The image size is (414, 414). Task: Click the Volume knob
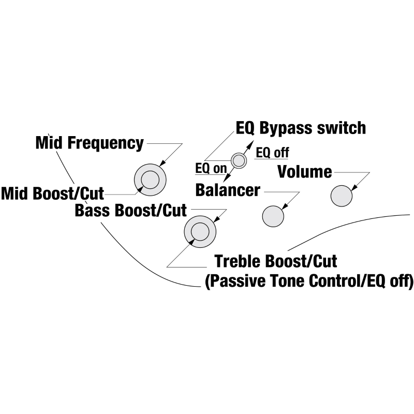click(341, 196)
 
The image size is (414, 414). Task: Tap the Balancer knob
click(273, 216)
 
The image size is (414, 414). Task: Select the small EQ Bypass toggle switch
click(239, 160)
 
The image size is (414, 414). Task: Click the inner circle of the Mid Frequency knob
click(150, 180)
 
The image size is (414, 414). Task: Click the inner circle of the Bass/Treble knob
click(199, 231)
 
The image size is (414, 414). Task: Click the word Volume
click(305, 171)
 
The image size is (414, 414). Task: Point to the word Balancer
click(228, 190)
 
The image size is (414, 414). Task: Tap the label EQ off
click(273, 153)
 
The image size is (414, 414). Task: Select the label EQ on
click(211, 168)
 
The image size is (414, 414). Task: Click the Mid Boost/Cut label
click(52, 194)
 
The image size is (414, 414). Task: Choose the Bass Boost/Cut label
click(130, 211)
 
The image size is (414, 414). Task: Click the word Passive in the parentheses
click(240, 282)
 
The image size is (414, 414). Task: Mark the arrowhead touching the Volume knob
click(354, 188)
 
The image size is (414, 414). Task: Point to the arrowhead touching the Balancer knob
click(285, 208)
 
